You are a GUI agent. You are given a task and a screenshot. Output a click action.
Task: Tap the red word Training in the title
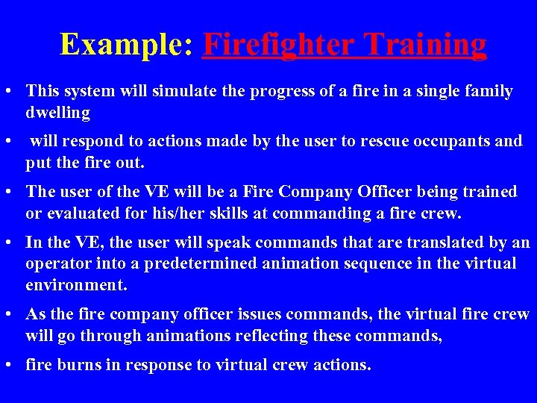[x=418, y=45]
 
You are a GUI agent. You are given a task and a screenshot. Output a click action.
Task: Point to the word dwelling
[x=58, y=113]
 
